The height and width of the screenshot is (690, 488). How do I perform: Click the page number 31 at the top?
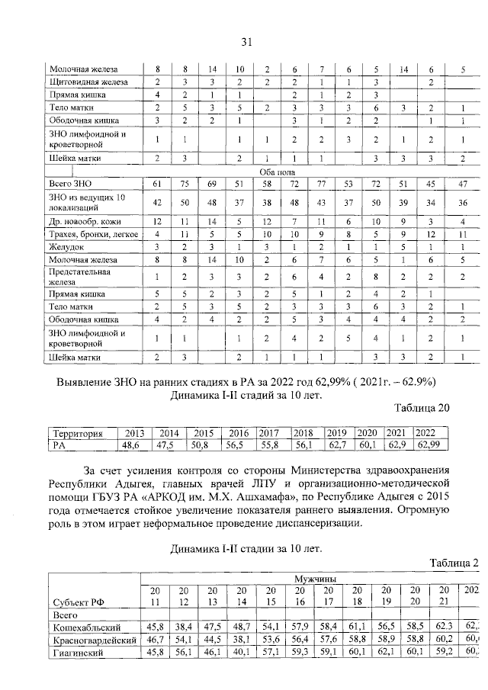(x=246, y=41)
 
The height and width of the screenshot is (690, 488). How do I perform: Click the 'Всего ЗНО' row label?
(x=71, y=185)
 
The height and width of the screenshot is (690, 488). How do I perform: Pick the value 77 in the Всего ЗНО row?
(x=321, y=185)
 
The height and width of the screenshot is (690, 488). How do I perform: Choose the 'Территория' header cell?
(x=75, y=432)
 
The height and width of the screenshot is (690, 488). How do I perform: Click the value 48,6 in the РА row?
(x=133, y=444)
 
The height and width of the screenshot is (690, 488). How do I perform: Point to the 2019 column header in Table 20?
(x=337, y=432)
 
